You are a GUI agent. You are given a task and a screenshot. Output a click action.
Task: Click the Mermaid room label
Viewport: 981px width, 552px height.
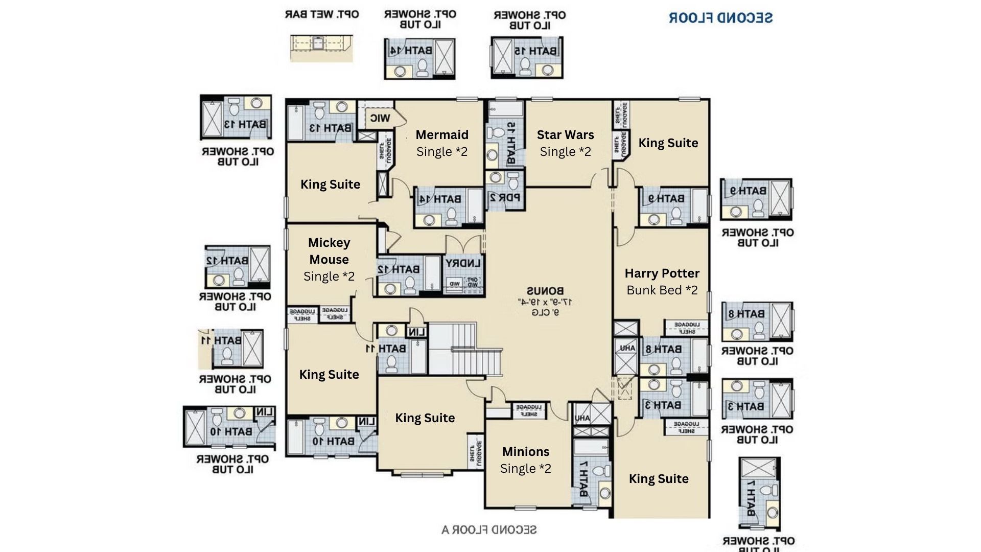(442, 135)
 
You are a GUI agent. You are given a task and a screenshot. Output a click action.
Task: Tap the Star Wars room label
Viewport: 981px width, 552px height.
(565, 135)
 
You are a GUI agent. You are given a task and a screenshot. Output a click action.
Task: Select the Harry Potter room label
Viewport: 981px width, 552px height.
(662, 273)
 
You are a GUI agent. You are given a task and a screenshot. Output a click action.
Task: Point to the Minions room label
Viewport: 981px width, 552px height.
(526, 452)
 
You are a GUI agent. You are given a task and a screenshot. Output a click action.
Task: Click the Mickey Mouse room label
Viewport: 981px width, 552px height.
(329, 251)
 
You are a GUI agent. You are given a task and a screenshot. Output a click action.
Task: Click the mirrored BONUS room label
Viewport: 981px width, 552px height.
(545, 291)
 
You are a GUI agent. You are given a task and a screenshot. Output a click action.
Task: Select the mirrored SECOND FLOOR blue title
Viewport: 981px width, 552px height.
(720, 18)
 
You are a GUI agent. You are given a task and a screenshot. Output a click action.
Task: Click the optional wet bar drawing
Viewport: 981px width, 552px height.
(321, 48)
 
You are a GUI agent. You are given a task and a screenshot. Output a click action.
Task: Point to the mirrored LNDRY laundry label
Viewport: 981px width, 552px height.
(463, 264)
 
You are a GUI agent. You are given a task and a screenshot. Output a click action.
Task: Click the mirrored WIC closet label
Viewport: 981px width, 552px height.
(380, 119)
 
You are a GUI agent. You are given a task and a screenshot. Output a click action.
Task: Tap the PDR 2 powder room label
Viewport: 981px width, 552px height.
(505, 197)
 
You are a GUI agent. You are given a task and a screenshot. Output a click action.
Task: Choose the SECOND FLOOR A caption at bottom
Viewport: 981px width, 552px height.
(489, 530)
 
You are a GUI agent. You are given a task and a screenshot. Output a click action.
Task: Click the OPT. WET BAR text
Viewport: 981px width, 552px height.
(321, 14)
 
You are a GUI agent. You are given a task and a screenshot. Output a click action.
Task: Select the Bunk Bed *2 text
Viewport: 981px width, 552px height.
(662, 290)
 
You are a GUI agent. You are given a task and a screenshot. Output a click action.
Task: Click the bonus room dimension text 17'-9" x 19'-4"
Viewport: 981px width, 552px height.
(545, 302)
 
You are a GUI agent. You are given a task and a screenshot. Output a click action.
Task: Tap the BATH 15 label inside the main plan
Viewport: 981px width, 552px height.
(510, 143)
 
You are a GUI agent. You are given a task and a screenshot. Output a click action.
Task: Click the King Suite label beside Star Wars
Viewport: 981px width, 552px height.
(668, 143)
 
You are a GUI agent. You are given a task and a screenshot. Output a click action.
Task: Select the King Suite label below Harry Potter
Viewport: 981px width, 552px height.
(658, 479)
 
